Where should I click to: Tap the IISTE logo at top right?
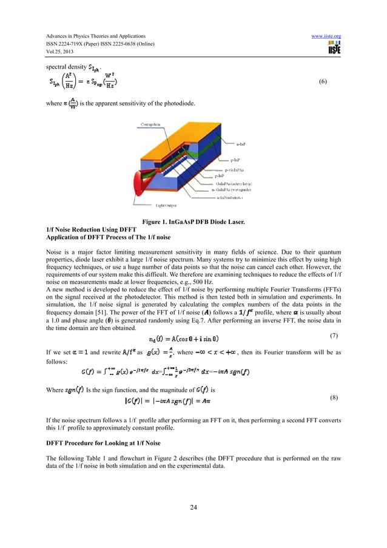pyautogui.click(x=333, y=49)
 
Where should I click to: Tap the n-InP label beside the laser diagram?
pyautogui.click(x=241, y=144)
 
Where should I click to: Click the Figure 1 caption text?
pyautogui.click(x=193, y=222)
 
